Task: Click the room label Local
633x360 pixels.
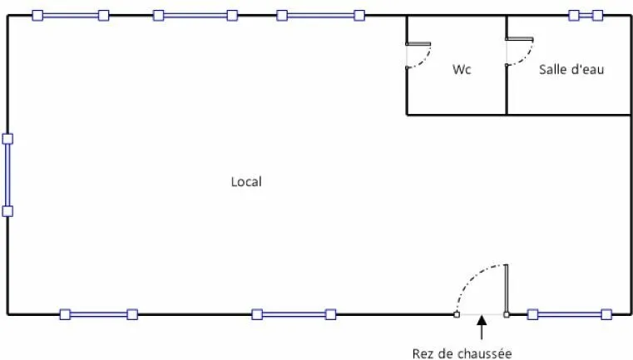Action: pos(246,181)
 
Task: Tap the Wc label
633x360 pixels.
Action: pos(462,69)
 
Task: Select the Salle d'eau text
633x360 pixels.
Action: pos(571,69)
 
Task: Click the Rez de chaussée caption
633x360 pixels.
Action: pos(462,353)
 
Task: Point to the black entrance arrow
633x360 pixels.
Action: pos(482,328)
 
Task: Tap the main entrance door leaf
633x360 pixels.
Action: pos(507,289)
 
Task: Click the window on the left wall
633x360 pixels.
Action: pos(7,175)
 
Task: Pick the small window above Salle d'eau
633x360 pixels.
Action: pos(586,16)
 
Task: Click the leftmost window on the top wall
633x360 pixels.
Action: pos(71,16)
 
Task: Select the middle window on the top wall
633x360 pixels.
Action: pos(195,16)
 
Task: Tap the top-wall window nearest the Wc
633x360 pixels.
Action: pos(320,16)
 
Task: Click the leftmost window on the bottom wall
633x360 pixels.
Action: pos(98,314)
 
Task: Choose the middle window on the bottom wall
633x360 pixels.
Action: pos(294,314)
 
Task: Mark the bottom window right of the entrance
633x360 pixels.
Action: pos(570,314)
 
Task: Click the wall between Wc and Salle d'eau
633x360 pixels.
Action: pos(507,66)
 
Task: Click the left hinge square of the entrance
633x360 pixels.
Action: pos(457,314)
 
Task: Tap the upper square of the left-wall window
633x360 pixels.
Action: pos(7,139)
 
